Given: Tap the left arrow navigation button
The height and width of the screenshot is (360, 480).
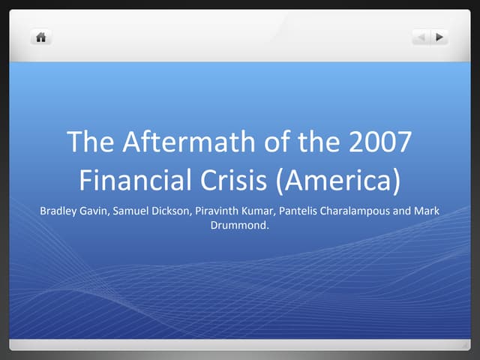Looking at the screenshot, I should tap(421, 36).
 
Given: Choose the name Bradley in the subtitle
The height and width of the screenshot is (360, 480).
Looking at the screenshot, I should tap(58, 211).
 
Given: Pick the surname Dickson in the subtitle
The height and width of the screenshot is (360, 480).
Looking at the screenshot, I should tap(173, 211).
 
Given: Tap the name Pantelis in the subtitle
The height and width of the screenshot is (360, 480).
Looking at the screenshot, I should tap(299, 211).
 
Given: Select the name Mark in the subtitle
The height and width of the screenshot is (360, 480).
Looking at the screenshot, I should tap(427, 211).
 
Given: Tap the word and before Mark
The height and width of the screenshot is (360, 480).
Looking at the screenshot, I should tap(403, 211).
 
